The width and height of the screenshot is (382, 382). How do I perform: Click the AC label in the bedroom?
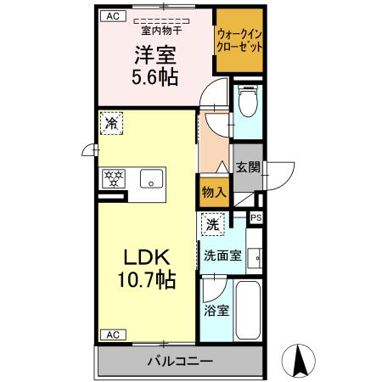tap(112, 16)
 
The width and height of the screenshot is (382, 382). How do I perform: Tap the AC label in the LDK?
tap(111, 334)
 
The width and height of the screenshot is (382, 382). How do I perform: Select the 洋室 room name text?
tap(153, 55)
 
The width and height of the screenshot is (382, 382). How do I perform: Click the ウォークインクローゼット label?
tap(239, 41)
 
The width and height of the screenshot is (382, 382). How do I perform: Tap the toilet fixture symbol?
tap(248, 104)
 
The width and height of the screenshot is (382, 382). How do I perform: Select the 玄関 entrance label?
tap(247, 167)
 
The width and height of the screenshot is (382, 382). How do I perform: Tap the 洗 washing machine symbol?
tap(211, 227)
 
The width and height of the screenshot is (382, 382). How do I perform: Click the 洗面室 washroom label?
tap(222, 254)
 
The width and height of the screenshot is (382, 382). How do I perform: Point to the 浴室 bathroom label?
tap(216, 311)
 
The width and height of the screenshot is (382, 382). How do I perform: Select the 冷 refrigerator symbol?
tap(112, 124)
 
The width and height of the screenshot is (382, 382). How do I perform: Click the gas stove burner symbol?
tap(115, 179)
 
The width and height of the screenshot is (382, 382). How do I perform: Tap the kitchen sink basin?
tap(153, 179)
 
